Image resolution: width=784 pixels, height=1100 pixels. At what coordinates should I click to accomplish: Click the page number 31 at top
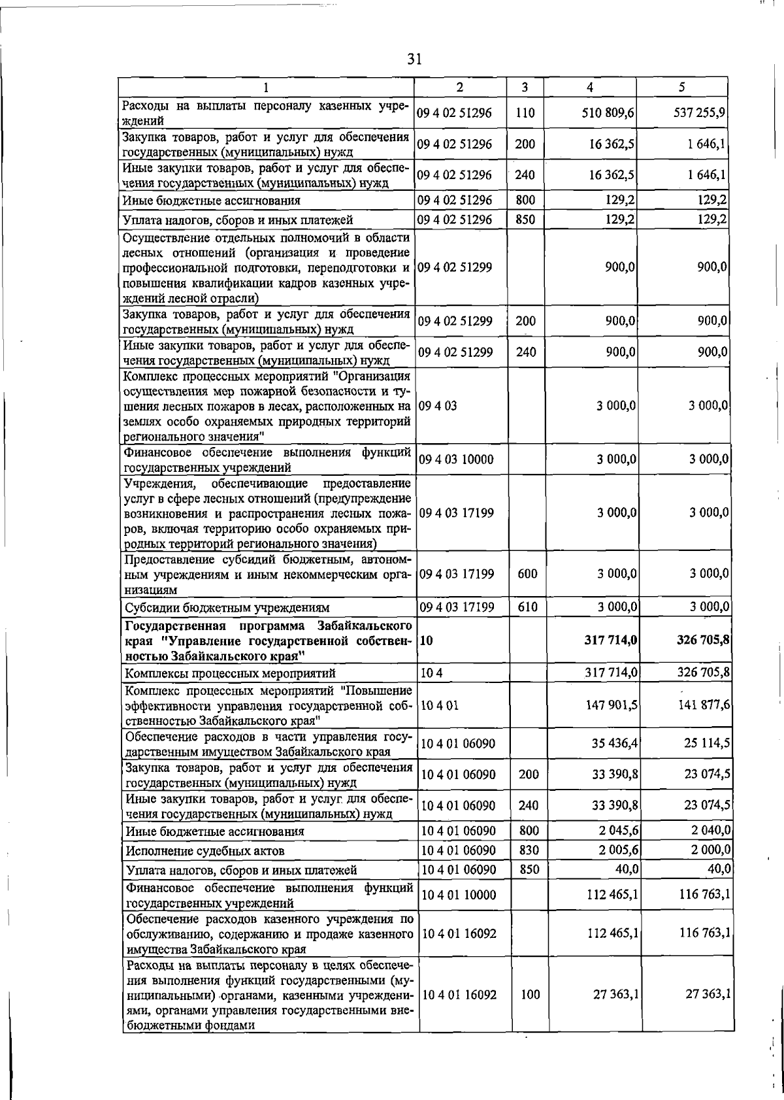tap(414, 59)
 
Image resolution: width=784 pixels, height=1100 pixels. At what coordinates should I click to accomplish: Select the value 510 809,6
tap(608, 112)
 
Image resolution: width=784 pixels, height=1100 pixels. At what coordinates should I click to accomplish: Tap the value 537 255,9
tap(700, 112)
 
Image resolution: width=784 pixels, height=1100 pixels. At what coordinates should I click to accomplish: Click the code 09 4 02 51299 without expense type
tap(455, 267)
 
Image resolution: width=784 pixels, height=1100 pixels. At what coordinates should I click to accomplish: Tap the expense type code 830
tap(528, 850)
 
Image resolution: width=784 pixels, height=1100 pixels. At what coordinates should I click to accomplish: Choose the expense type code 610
tap(527, 607)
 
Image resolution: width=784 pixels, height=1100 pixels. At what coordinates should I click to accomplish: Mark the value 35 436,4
tap(615, 744)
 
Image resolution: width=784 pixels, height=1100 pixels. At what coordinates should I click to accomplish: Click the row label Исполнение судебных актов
tap(206, 851)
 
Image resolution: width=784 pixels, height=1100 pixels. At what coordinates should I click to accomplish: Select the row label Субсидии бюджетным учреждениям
tap(227, 607)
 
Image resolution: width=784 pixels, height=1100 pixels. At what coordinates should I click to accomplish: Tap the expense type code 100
tap(530, 994)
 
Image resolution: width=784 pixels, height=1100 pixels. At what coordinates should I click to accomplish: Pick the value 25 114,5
tap(706, 744)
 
